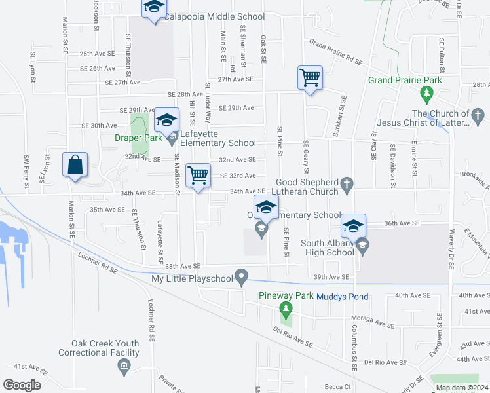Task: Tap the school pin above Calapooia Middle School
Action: (x=154, y=9)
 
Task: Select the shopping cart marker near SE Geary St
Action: (x=310, y=78)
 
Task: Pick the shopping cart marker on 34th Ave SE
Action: (x=198, y=176)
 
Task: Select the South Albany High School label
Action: (x=327, y=248)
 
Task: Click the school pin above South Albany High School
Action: (x=353, y=227)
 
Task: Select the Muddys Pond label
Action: (x=343, y=297)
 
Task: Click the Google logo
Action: (x=22, y=385)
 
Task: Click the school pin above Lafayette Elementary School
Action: (x=166, y=119)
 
